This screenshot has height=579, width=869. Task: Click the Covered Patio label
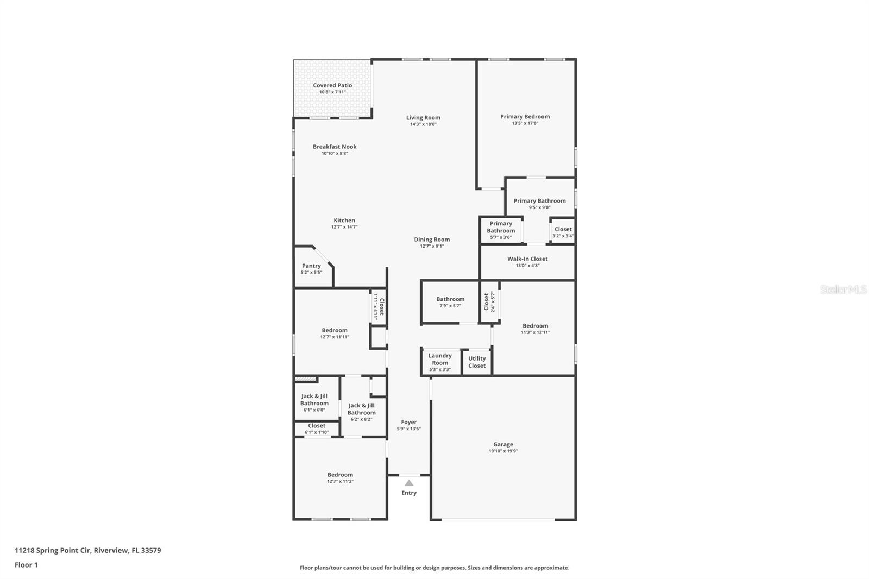tap(332, 85)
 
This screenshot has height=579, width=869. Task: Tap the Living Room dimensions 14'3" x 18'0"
tap(423, 124)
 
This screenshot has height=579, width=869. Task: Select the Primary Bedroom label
tap(525, 116)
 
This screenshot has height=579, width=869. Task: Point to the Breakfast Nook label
tap(335, 147)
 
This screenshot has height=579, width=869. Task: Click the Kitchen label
tap(344, 221)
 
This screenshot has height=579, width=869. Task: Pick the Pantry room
tap(311, 268)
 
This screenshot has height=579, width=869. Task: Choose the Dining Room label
tap(432, 240)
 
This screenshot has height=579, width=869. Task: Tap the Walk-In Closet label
tap(527, 259)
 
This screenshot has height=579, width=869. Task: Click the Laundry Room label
tap(440, 359)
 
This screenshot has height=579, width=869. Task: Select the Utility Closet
tap(477, 362)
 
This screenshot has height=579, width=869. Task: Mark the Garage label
tap(503, 444)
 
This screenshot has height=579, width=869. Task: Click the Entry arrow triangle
tap(409, 483)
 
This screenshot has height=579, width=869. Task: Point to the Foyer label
tap(409, 422)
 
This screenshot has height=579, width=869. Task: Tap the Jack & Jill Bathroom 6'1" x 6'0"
tap(314, 402)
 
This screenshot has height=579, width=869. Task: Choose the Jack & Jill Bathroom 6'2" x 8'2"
tap(362, 412)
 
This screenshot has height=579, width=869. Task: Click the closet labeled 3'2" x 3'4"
tap(563, 232)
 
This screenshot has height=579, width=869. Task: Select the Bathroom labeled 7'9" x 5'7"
tap(450, 302)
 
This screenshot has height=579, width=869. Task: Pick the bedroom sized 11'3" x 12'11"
tap(535, 329)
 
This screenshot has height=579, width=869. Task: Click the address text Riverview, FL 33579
tap(127, 550)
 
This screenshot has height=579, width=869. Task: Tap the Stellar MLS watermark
tap(843, 289)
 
